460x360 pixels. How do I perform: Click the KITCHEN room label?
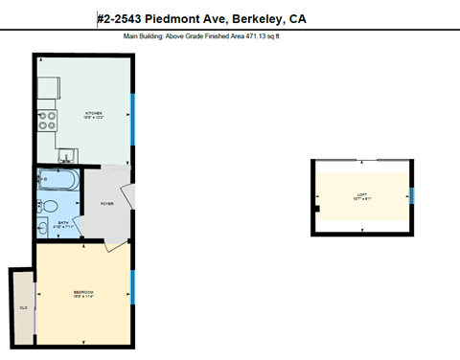click(94, 113)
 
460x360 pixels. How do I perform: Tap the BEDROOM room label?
click(83, 291)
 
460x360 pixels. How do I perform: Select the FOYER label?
click(107, 203)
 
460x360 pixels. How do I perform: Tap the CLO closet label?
click(22, 307)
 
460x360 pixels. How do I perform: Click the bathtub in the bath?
click(59, 180)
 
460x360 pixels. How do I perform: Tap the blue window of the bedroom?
click(132, 285)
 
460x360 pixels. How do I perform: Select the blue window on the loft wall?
click(413, 195)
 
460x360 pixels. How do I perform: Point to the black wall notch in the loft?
click(315, 208)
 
